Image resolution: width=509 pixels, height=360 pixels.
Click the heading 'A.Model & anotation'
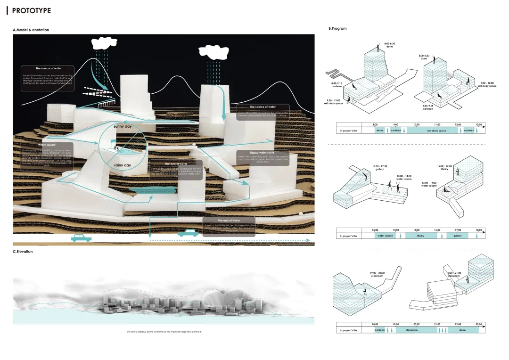(x=31, y=30)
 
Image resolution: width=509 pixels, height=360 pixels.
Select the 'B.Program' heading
(x=337, y=29)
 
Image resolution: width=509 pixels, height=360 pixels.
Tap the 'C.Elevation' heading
(x=23, y=252)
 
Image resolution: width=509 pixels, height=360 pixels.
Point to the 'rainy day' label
(x=123, y=165)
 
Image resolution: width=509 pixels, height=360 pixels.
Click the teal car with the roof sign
(x=188, y=233)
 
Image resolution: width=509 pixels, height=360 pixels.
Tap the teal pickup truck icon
(x=81, y=237)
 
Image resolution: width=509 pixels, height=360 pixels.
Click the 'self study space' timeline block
(x=436, y=131)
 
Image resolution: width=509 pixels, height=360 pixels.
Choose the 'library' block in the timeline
(x=420, y=236)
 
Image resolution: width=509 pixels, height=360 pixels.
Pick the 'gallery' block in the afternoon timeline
(x=457, y=236)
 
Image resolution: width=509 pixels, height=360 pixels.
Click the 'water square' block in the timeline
(x=385, y=236)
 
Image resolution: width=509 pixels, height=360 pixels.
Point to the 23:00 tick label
(x=478, y=324)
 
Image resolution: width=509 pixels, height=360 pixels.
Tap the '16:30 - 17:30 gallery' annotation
(x=379, y=167)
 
